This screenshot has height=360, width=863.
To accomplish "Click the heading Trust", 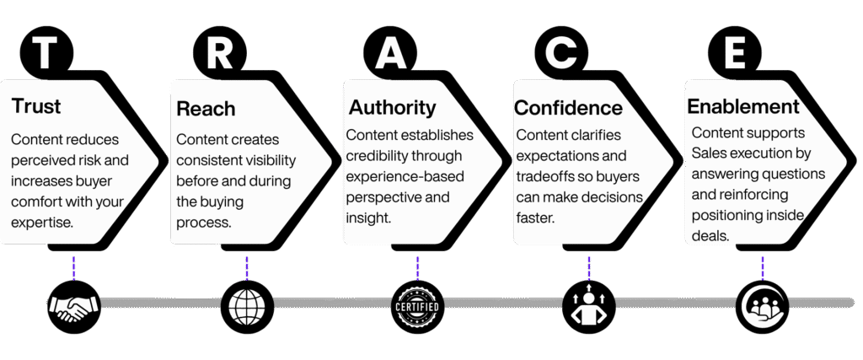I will [x=36, y=108].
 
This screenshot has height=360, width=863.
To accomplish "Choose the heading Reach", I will [x=206, y=110].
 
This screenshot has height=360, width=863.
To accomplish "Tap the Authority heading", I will [x=392, y=108].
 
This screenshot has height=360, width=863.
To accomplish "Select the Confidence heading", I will [x=568, y=109].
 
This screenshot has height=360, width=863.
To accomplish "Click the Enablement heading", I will [x=743, y=107].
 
